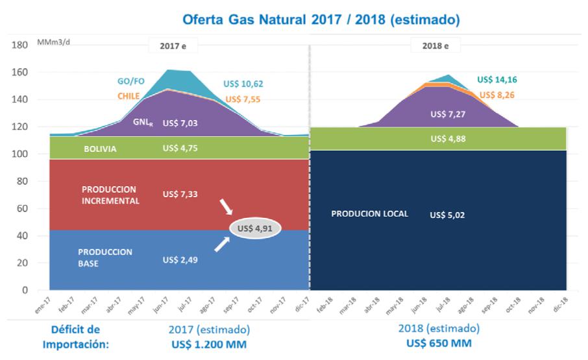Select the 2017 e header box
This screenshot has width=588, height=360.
pyautogui.click(x=173, y=46)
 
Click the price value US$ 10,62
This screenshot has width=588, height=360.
pyautogui.click(x=244, y=84)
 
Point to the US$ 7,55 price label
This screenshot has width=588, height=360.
pyautogui.click(x=243, y=100)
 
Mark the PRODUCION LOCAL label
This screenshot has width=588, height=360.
pyautogui.click(x=369, y=213)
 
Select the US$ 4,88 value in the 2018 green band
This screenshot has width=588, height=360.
pyautogui.click(x=448, y=139)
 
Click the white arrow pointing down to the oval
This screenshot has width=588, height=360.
pyautogui.click(x=226, y=207)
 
